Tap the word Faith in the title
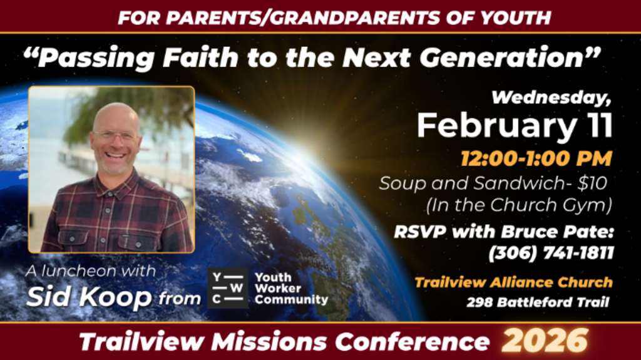pyautogui.click(x=200, y=58)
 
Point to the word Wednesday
pyautogui.click(x=551, y=98)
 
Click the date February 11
pyautogui.click(x=515, y=126)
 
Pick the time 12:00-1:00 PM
pyautogui.click(x=536, y=159)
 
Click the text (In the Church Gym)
pyautogui.click(x=519, y=205)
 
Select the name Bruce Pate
pyautogui.click(x=558, y=232)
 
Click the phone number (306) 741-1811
pyautogui.click(x=551, y=253)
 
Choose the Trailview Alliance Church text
pyautogui.click(x=513, y=282)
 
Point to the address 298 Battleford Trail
pyautogui.click(x=538, y=302)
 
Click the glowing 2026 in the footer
pyautogui.click(x=545, y=341)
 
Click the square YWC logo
pyautogui.click(x=228, y=288)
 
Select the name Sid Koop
pyautogui.click(x=89, y=297)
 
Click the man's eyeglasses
pyautogui.click(x=116, y=136)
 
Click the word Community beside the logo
pyautogui.click(x=292, y=300)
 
